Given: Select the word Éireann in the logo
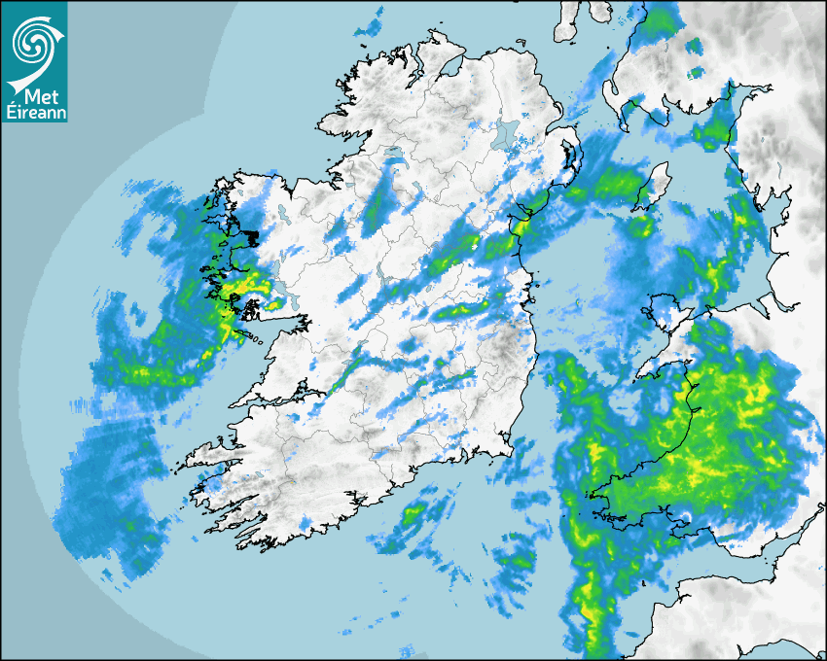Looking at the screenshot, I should coord(34,113).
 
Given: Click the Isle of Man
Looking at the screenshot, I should coord(654,187).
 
